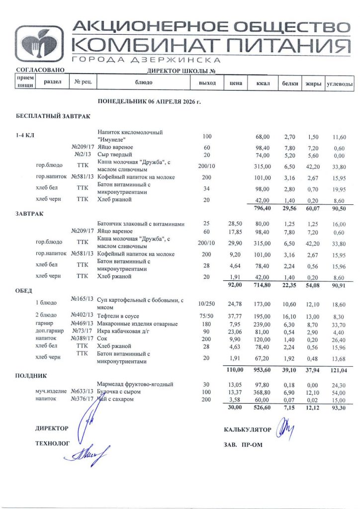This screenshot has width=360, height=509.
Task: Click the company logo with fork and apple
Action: [x=39, y=43]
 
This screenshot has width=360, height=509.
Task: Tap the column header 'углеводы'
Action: [x=339, y=83]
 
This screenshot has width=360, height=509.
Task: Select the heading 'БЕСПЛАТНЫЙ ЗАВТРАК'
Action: [x=53, y=117]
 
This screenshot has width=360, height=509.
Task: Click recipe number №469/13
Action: [x=83, y=324]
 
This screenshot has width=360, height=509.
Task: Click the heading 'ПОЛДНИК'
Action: [x=31, y=376]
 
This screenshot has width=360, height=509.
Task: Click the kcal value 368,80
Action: [x=262, y=392]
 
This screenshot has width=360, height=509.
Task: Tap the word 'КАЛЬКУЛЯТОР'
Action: [x=248, y=429]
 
